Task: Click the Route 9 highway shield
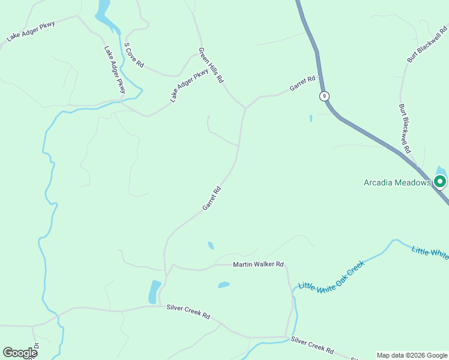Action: (x=324, y=96)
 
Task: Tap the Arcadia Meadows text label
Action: (x=397, y=182)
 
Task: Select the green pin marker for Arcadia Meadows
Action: (x=440, y=181)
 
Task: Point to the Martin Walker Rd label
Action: (x=258, y=265)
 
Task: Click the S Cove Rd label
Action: (x=134, y=55)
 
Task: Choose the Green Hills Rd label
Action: (x=211, y=65)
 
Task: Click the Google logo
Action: (x=20, y=353)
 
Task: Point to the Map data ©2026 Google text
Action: (x=412, y=355)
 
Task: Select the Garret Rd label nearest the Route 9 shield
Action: (x=302, y=83)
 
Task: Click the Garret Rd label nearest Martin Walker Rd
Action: (x=212, y=198)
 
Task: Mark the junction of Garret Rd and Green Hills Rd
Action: (x=245, y=109)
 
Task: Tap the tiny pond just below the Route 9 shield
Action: (x=311, y=118)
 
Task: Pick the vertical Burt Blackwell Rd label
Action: (x=405, y=128)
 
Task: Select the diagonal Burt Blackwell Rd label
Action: (x=427, y=44)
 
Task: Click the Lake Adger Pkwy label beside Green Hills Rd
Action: (x=189, y=86)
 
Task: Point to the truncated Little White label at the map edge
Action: (x=430, y=252)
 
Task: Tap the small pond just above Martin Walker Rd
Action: (x=211, y=245)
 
